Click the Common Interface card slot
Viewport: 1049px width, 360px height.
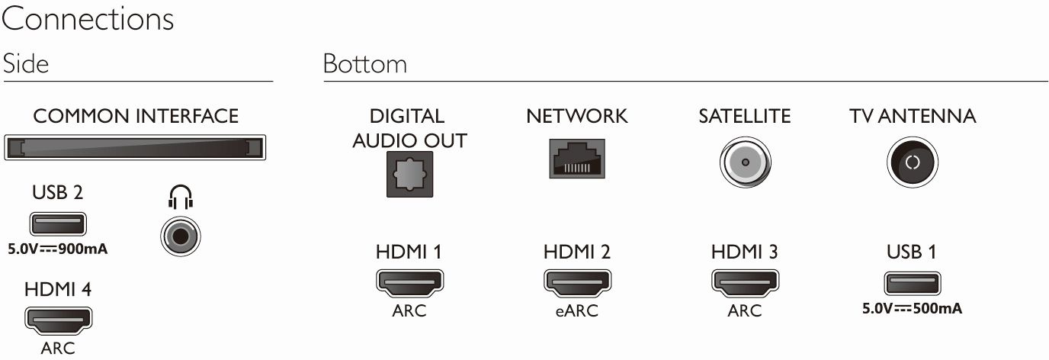[135, 148]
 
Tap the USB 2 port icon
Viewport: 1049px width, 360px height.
[58, 223]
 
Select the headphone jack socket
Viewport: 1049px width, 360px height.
[180, 236]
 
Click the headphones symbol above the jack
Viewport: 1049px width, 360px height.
[180, 197]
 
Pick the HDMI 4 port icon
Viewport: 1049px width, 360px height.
[58, 320]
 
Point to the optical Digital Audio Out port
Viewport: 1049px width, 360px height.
[410, 175]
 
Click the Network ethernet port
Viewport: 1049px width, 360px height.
[577, 159]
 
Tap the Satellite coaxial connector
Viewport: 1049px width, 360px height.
[745, 162]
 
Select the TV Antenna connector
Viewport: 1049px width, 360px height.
[913, 162]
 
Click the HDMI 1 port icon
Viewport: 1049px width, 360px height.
[410, 283]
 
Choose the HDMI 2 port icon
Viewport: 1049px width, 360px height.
[577, 283]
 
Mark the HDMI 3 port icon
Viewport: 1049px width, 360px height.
[745, 283]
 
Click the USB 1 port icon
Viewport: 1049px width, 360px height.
[913, 283]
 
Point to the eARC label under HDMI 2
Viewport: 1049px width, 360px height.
[577, 310]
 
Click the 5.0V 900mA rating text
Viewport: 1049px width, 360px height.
[58, 249]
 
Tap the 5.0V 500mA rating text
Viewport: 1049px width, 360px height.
[913, 308]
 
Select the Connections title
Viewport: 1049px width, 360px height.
[88, 19]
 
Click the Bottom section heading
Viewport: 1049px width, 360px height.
[365, 64]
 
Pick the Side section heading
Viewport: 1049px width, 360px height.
[26, 64]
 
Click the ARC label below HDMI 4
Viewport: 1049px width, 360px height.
[58, 349]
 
